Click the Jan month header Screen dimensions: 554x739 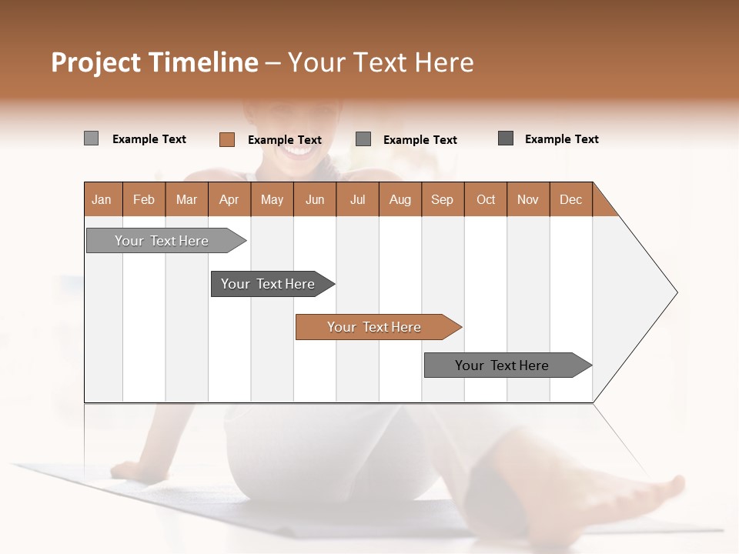pos(102,199)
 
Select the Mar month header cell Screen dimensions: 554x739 pos(186,199)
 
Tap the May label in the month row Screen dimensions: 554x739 pos(272,199)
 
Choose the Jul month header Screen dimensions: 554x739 pos(357,199)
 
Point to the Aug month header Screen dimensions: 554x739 pos(400,199)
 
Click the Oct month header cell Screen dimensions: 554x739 pos(485,199)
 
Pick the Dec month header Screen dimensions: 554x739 pos(570,199)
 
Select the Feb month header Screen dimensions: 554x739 pos(144,199)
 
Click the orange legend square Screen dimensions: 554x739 pos(226,139)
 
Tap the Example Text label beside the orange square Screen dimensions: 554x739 pos(284,140)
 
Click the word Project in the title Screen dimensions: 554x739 pos(96,62)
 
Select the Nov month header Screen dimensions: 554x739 pos(527,199)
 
